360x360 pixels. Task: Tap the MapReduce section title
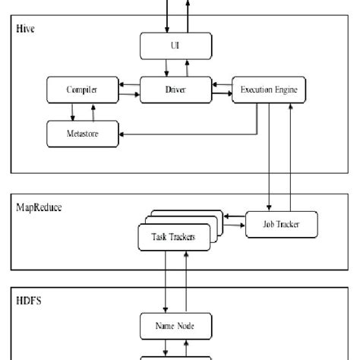(x=39, y=206)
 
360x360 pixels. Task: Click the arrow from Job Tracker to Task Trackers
(x=231, y=226)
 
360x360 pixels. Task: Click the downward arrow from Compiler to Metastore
(x=72, y=112)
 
